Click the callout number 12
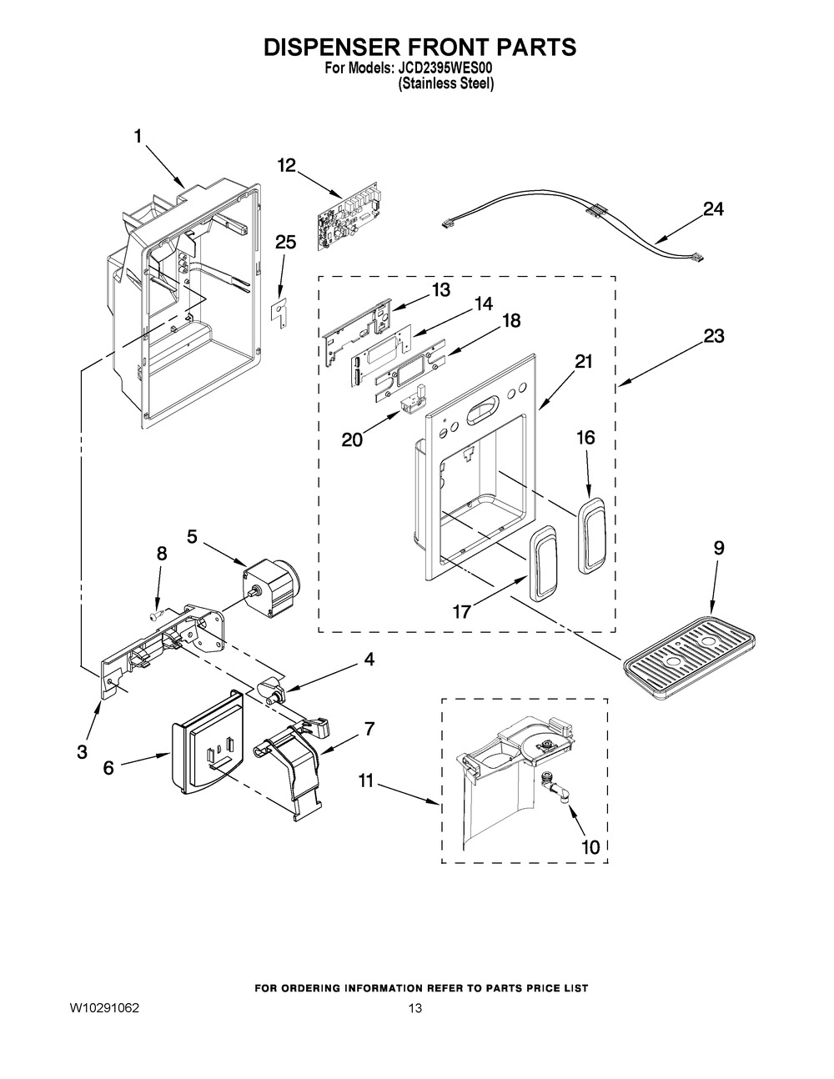click(286, 165)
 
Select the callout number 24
click(713, 209)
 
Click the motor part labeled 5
click(272, 587)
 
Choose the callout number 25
click(285, 243)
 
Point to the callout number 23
click(713, 336)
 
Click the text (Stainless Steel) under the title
click(445, 84)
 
